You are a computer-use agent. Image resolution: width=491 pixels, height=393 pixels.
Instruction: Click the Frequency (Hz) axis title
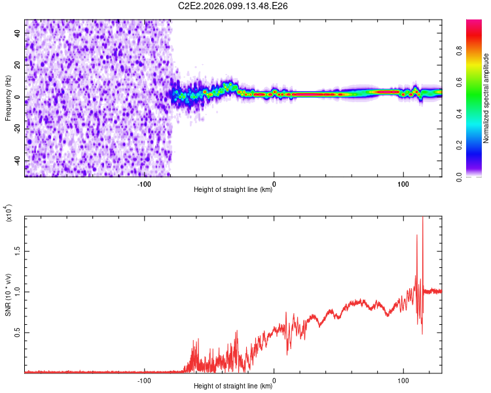8,98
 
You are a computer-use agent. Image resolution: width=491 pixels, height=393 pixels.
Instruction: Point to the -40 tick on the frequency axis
18,161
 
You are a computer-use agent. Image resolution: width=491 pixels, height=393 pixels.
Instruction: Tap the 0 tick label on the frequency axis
18,97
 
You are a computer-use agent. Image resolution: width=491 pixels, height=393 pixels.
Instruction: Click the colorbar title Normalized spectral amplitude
486,98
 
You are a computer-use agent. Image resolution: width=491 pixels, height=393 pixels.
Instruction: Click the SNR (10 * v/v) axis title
8,294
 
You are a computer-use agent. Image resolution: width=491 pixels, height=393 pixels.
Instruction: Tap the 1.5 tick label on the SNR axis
18,250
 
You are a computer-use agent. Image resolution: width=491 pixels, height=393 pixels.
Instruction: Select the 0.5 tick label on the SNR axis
18,332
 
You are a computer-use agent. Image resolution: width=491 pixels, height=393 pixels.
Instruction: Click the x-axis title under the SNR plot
233,387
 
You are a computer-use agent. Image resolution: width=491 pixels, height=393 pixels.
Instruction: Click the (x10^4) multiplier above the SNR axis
8,213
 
